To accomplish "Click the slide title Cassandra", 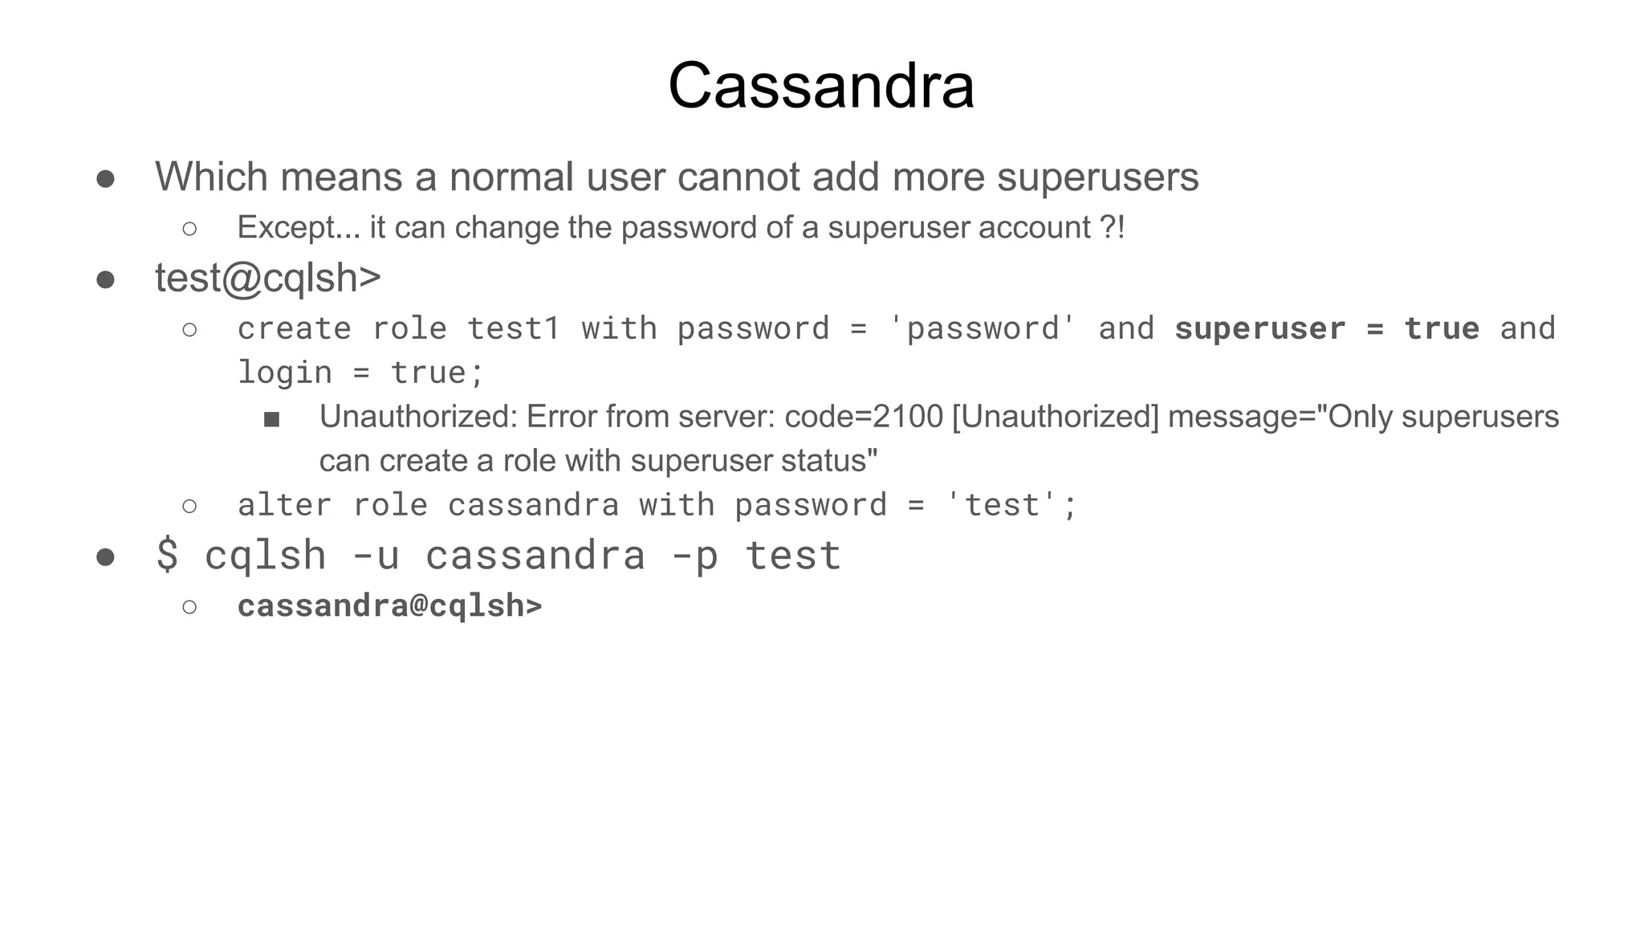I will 821,86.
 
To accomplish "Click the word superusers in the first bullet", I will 1097,177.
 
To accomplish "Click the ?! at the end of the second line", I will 1112,228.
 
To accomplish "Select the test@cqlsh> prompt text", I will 267,279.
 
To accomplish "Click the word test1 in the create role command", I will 513,328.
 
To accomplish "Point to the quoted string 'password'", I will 983,328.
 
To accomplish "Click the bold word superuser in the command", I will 1259,328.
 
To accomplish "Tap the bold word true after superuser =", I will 1441,328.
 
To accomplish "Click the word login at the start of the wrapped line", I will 285,373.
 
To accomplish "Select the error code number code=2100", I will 863,417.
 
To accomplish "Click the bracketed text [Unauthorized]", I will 1055,417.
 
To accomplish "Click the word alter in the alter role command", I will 285,505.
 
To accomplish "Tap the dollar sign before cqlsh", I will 167,555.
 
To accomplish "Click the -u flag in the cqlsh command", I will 376,555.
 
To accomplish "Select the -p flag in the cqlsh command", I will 694,555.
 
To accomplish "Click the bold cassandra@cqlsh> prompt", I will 389,605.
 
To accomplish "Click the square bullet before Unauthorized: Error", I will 271,419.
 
